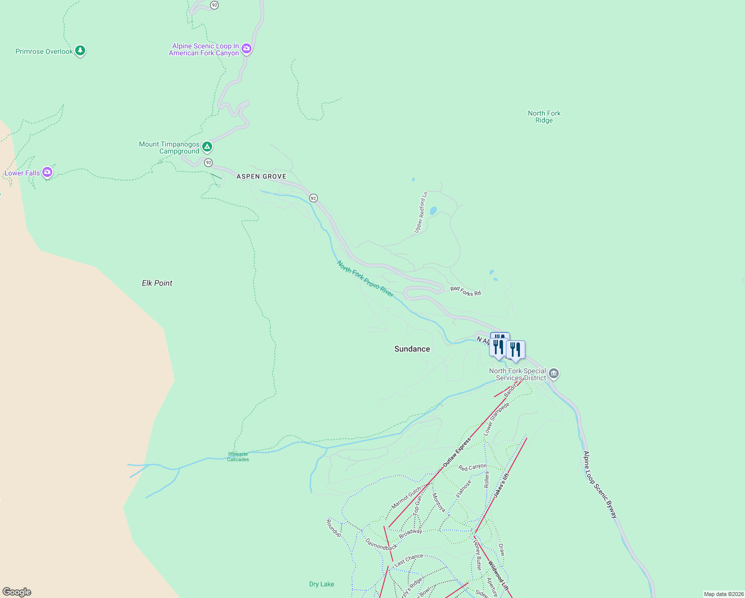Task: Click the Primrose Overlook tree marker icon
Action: pyautogui.click(x=80, y=51)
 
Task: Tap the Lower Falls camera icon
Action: pyautogui.click(x=47, y=172)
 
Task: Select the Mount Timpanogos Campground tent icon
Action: pyautogui.click(x=207, y=147)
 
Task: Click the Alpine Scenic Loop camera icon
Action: pyautogui.click(x=246, y=49)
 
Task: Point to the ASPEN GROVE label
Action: pyautogui.click(x=261, y=176)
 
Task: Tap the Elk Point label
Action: pyautogui.click(x=157, y=283)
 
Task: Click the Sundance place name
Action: pyautogui.click(x=412, y=349)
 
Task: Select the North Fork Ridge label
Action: pyautogui.click(x=544, y=117)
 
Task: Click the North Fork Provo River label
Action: pyautogui.click(x=365, y=279)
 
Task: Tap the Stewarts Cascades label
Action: pyautogui.click(x=238, y=456)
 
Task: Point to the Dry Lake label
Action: pyautogui.click(x=321, y=584)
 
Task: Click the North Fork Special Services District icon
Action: pyautogui.click(x=554, y=374)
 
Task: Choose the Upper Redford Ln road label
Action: pyautogui.click(x=421, y=212)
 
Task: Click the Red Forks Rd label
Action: pyautogui.click(x=466, y=291)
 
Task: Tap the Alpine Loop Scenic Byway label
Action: pyautogui.click(x=600, y=484)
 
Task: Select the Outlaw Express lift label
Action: pyautogui.click(x=457, y=452)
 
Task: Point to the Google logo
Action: pyautogui.click(x=17, y=592)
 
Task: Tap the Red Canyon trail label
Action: pyautogui.click(x=472, y=467)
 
